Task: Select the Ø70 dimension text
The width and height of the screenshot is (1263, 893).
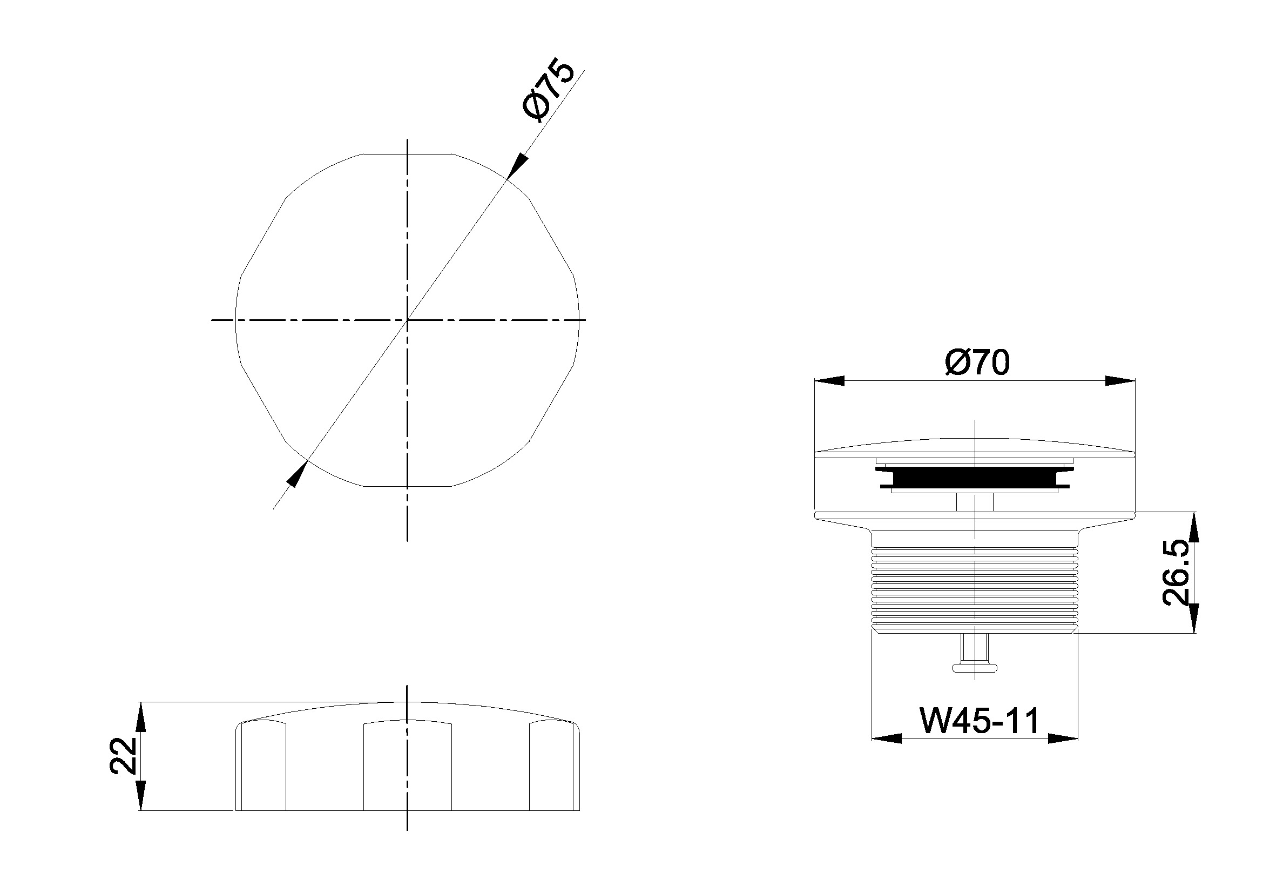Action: tap(977, 363)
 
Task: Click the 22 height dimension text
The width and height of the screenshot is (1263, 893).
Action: tap(123, 756)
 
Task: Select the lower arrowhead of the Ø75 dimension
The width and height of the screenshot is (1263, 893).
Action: tap(297, 474)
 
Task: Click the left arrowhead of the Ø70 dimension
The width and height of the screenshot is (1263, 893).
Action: tap(829, 381)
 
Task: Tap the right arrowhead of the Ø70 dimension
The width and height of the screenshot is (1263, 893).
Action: tap(1120, 381)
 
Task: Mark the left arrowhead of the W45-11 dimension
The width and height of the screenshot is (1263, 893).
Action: tap(887, 738)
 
